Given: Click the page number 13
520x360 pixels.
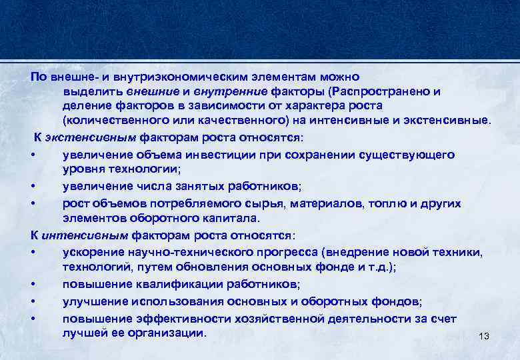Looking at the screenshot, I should click(x=484, y=337).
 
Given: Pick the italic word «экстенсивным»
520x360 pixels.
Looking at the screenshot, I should click(x=93, y=137).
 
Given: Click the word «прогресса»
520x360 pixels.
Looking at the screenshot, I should click(x=285, y=252).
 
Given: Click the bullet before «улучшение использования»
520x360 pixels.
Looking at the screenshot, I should click(x=33, y=301).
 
